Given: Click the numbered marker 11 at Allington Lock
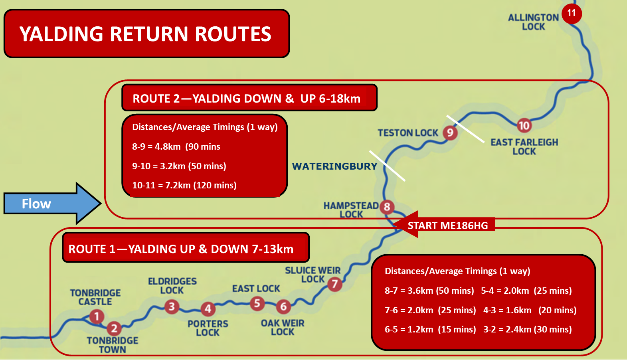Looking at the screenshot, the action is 572,14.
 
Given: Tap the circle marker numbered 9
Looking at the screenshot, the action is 450,133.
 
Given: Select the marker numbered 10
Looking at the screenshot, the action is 524,125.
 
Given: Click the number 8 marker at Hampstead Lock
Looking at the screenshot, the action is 387,207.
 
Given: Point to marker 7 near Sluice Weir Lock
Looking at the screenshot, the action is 335,284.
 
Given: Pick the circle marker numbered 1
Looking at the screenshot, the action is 97,316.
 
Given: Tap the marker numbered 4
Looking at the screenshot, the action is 208,309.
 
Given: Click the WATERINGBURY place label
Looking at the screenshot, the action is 335,166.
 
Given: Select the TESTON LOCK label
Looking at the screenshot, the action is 408,133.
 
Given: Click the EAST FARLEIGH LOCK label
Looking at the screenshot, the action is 524,147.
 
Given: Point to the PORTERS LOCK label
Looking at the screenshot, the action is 208,328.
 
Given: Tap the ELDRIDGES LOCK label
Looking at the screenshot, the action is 172,286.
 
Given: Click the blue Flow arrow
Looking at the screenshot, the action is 53,203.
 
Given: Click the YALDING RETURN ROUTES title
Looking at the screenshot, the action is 145,34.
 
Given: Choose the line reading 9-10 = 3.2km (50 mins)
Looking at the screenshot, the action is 179,166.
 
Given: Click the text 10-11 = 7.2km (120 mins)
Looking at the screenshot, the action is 184,185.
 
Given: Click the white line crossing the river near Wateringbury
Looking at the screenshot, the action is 387,166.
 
